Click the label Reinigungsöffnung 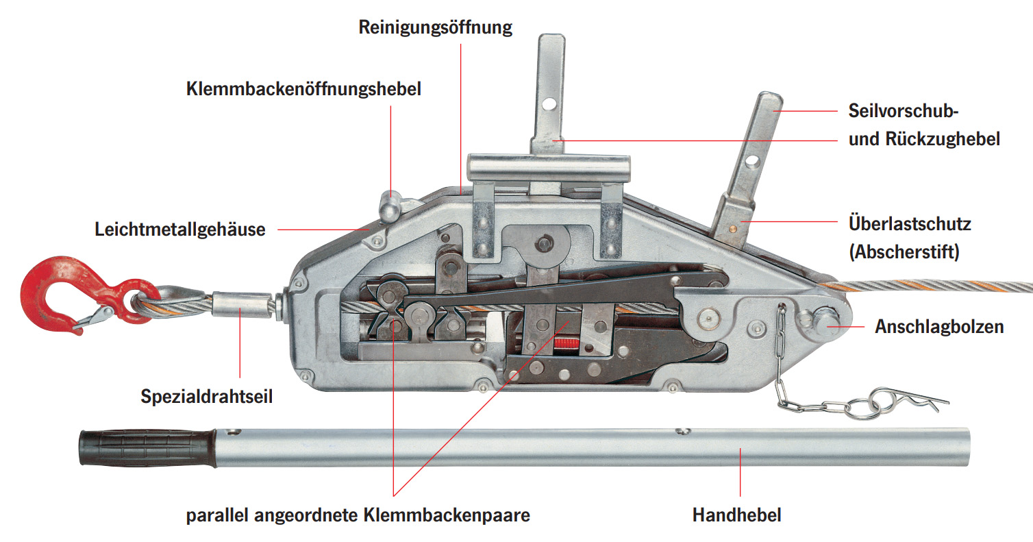pos(436,28)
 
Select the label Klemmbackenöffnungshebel pos(303,89)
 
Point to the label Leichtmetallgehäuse pos(179,229)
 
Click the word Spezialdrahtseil pos(207,396)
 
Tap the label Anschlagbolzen pos(938,327)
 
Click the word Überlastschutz pos(910,224)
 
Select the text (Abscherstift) pos(904,251)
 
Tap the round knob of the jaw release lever pos(391,199)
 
